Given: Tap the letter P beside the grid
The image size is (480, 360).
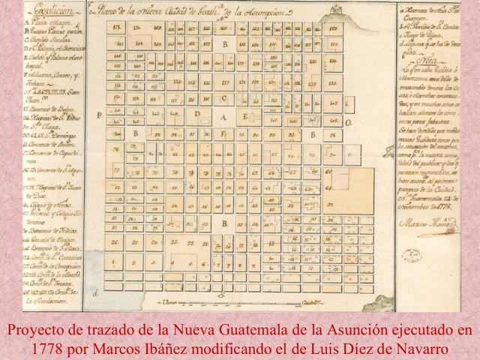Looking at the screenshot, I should pos(98,115).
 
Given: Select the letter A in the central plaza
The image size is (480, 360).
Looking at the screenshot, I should pos(223,116).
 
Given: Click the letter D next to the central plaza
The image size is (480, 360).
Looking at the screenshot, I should pos(197,113).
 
